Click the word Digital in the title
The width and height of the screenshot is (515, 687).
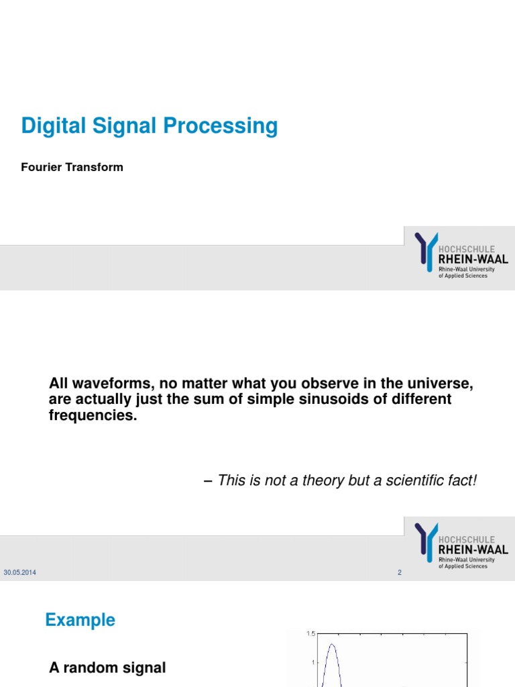50,126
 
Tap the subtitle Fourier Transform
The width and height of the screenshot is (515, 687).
72,167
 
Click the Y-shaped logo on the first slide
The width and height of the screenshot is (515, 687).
425,251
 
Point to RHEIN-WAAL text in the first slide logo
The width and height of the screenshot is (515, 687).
472,259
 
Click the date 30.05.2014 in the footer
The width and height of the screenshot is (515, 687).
20,572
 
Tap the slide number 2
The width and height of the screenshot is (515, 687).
399,573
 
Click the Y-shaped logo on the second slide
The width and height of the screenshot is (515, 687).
425,541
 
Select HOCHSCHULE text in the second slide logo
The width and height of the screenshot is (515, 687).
467,539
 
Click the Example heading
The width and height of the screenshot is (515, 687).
80,620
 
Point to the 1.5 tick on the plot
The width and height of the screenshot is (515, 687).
310,633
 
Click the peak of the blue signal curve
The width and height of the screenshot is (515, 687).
331,645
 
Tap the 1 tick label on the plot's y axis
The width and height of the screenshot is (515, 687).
312,663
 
